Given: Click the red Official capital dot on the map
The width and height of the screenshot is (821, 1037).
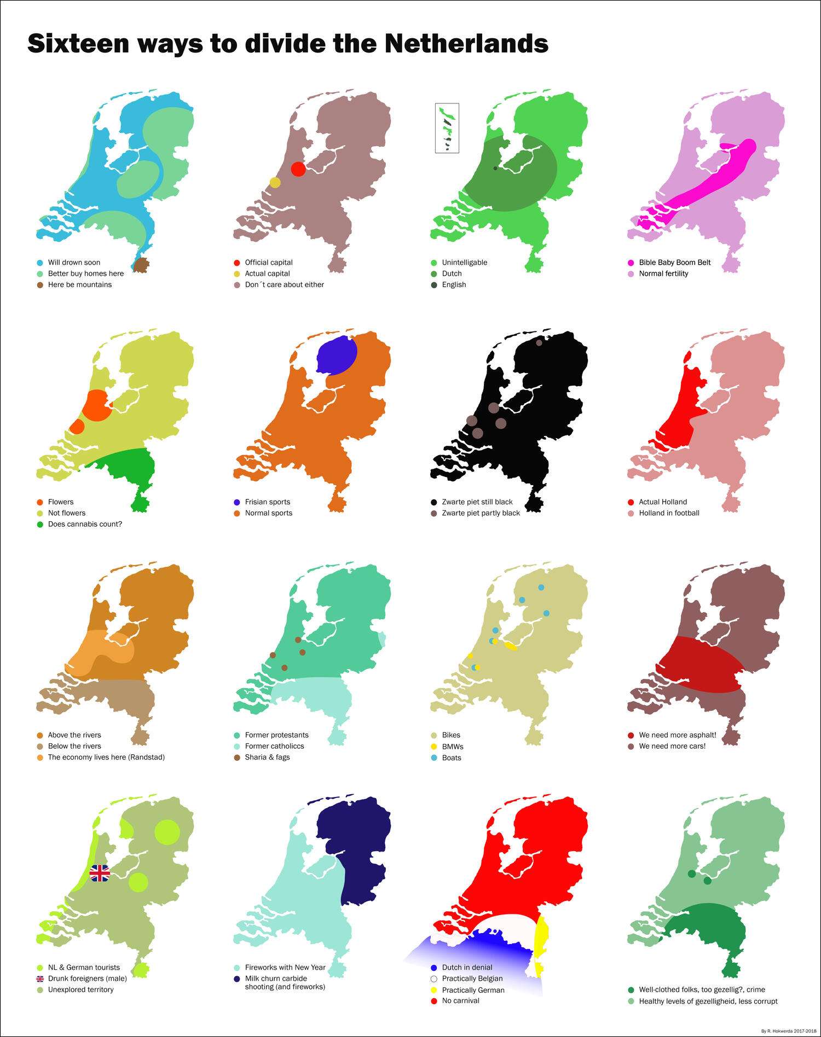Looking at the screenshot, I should pos(298,169).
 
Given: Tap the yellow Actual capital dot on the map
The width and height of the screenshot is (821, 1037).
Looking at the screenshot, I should pos(275,182).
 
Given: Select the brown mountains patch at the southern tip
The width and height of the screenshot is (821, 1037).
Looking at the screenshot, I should pos(142,265).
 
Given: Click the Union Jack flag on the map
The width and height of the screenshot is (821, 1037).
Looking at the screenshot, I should pos(100,873).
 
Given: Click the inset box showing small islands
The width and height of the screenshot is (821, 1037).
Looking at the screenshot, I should pos(447,128).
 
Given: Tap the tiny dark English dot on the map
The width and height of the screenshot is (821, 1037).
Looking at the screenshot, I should pos(495,168).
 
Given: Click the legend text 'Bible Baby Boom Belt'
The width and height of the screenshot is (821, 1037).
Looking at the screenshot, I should pos(674,263).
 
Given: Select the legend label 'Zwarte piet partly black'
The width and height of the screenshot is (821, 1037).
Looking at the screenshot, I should pos(481,513).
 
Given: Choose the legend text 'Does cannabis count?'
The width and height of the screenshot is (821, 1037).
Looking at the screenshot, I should pos(85,524).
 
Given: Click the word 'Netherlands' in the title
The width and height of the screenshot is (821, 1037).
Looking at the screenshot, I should pos(466,44).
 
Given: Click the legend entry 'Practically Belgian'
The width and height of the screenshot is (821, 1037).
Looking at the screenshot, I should pos(472,978).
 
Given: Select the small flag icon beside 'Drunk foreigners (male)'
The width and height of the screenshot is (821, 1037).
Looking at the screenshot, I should pos(40,978).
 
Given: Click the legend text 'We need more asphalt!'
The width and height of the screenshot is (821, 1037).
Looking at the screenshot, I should pos(677,735).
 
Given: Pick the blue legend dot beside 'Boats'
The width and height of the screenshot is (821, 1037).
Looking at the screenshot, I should pos(434,758).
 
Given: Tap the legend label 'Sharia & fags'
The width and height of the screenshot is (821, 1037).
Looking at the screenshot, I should pos(267,757).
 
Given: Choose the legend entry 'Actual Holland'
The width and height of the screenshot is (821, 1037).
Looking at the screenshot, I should pos(662,502).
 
